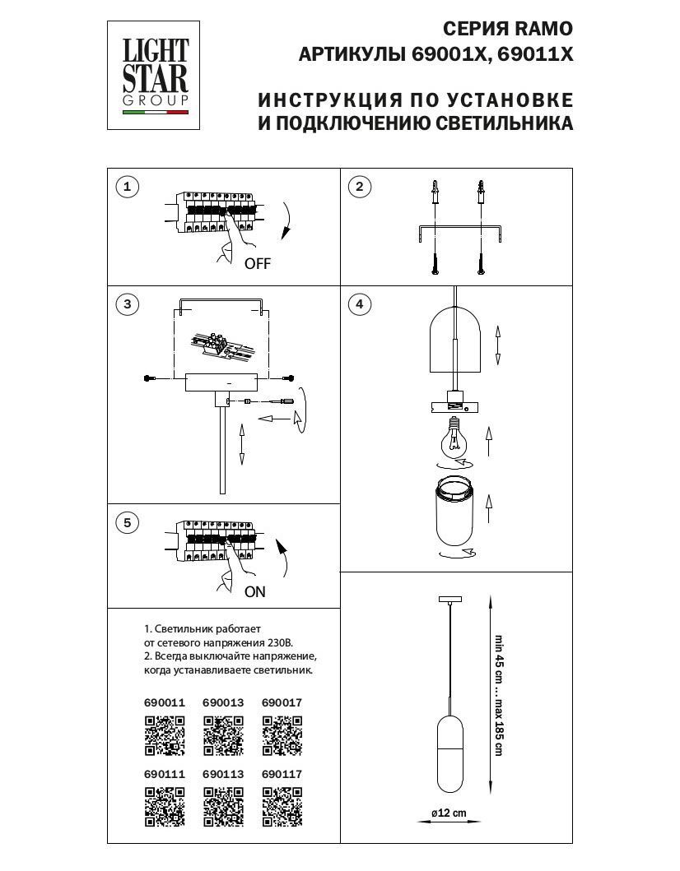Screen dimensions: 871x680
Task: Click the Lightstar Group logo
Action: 156,74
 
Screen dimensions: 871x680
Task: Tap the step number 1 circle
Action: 127,188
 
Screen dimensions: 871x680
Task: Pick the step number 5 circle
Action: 127,522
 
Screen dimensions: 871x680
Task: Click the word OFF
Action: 257,264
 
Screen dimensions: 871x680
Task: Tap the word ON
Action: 255,591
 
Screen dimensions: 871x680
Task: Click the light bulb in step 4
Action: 453,440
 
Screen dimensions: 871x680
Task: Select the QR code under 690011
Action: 165,735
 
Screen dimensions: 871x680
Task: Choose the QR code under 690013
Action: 223,735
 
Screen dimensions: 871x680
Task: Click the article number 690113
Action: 222,775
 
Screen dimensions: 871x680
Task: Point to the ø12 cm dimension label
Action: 449,813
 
